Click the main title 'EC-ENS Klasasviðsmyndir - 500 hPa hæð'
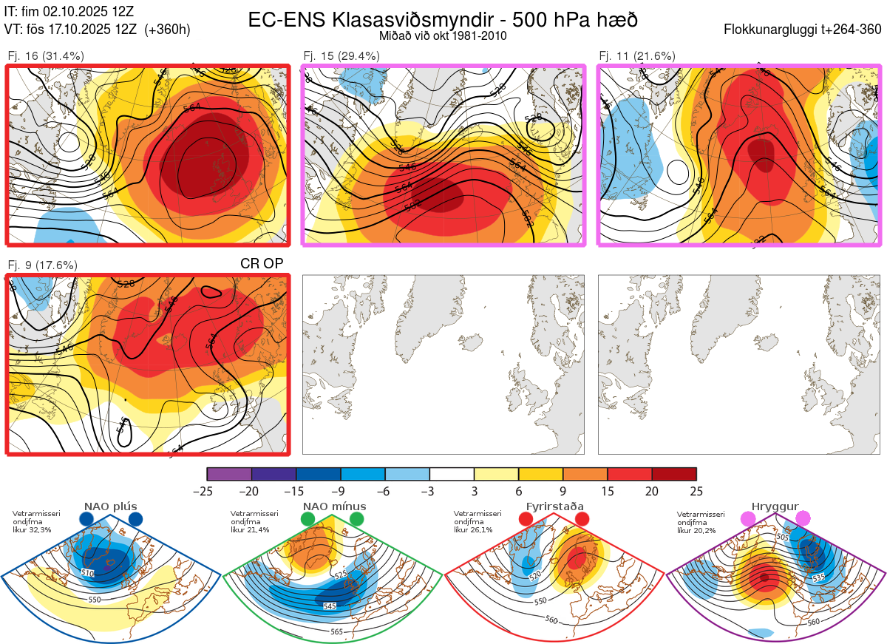pos(442,20)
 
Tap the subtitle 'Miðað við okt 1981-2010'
pos(443,36)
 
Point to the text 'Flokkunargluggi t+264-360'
pos(803,30)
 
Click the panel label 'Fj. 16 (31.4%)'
pos(45,56)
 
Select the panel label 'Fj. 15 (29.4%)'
pos(341,56)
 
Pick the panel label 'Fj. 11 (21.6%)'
pos(636,56)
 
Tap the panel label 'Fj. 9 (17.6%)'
pos(42,265)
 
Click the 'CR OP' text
pos(262,263)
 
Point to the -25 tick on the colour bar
pos(208,491)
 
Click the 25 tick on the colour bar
pos(696,491)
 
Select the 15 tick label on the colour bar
pos(607,491)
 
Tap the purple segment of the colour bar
pos(229,474)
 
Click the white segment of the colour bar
pos(452,474)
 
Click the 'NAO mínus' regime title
pos(334,506)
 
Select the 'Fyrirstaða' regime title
pos(555,506)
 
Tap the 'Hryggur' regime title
pos(775,506)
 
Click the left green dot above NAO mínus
pos(307,520)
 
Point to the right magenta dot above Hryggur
pos(803,519)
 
